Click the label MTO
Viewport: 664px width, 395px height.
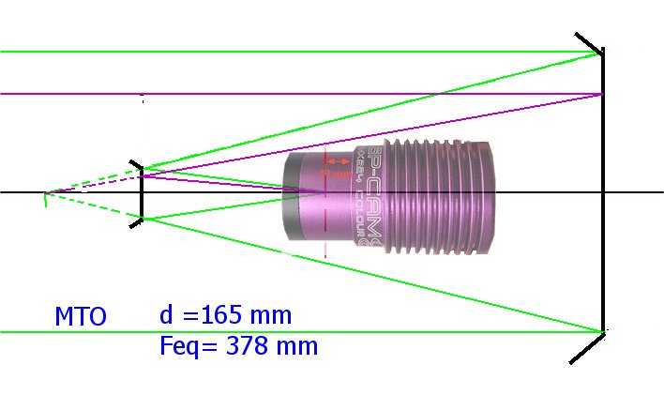[x=80, y=317]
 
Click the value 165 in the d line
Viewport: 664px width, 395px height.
[x=235, y=314]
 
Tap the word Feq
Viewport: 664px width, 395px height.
[x=181, y=346]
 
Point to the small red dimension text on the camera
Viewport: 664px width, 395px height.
[x=335, y=174]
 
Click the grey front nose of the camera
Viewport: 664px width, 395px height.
[x=292, y=198]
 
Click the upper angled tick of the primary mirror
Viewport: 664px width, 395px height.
[x=588, y=43]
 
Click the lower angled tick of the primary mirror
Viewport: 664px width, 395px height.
[x=588, y=346]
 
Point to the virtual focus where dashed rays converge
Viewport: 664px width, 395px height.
[x=45, y=193]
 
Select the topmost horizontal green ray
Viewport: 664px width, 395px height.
[x=281, y=52]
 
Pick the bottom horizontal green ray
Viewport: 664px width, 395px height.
[x=281, y=331]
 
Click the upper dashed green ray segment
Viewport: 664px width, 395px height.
[x=94, y=181]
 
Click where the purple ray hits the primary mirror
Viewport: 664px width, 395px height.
[x=600, y=94]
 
